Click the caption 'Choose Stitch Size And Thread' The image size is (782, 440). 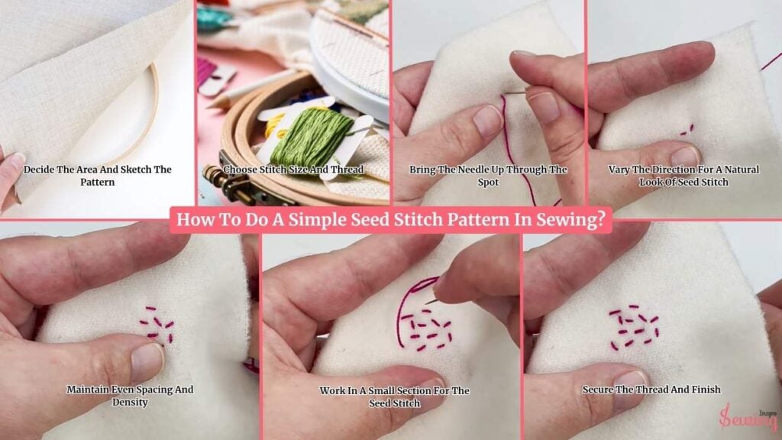293,170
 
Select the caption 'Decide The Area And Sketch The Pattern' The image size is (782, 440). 97,176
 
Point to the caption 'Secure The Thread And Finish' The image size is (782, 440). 651,389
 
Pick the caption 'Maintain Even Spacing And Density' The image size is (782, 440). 130,396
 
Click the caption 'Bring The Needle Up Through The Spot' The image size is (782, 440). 488,176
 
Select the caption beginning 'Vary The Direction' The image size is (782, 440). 683,176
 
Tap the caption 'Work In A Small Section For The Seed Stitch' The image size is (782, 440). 395,396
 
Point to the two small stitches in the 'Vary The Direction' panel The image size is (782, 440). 687,130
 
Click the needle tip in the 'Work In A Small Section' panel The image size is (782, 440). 427,302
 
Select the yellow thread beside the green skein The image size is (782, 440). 275,128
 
